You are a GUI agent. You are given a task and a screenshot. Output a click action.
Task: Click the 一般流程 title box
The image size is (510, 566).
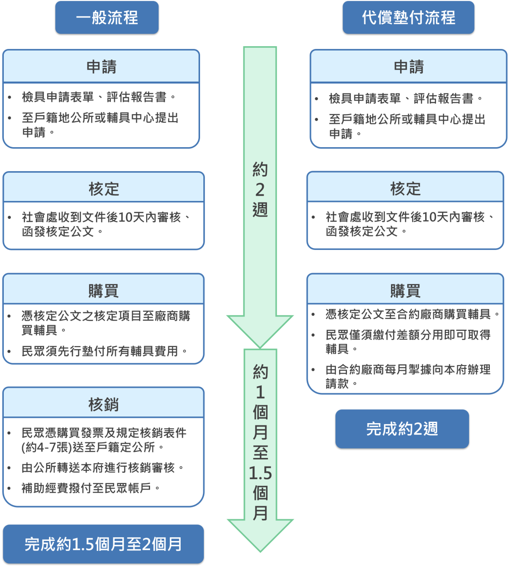click(107, 18)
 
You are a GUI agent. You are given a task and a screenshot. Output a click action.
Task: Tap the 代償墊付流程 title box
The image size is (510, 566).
click(409, 18)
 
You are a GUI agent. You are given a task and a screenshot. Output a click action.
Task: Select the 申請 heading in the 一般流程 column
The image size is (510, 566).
click(101, 67)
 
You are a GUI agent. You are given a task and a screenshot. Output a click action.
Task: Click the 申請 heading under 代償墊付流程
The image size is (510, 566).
click(409, 67)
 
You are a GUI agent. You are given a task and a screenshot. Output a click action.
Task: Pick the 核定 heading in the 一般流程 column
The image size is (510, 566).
click(104, 189)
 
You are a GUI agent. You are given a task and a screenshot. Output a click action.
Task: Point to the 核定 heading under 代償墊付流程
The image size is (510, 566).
click(405, 189)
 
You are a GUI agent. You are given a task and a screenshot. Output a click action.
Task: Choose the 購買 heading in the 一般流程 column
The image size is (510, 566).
click(104, 291)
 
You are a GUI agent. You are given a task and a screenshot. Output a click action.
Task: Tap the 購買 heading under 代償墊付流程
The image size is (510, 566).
click(405, 291)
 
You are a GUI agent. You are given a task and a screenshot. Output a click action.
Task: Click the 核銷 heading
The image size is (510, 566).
click(104, 404)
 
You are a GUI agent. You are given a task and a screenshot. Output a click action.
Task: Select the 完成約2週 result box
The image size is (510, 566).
click(402, 429)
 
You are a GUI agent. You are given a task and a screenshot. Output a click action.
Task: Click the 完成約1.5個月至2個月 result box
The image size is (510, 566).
click(103, 544)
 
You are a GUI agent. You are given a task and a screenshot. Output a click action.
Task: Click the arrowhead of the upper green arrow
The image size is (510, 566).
click(260, 330)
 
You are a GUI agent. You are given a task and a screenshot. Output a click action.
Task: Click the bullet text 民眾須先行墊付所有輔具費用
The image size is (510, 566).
click(104, 351)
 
